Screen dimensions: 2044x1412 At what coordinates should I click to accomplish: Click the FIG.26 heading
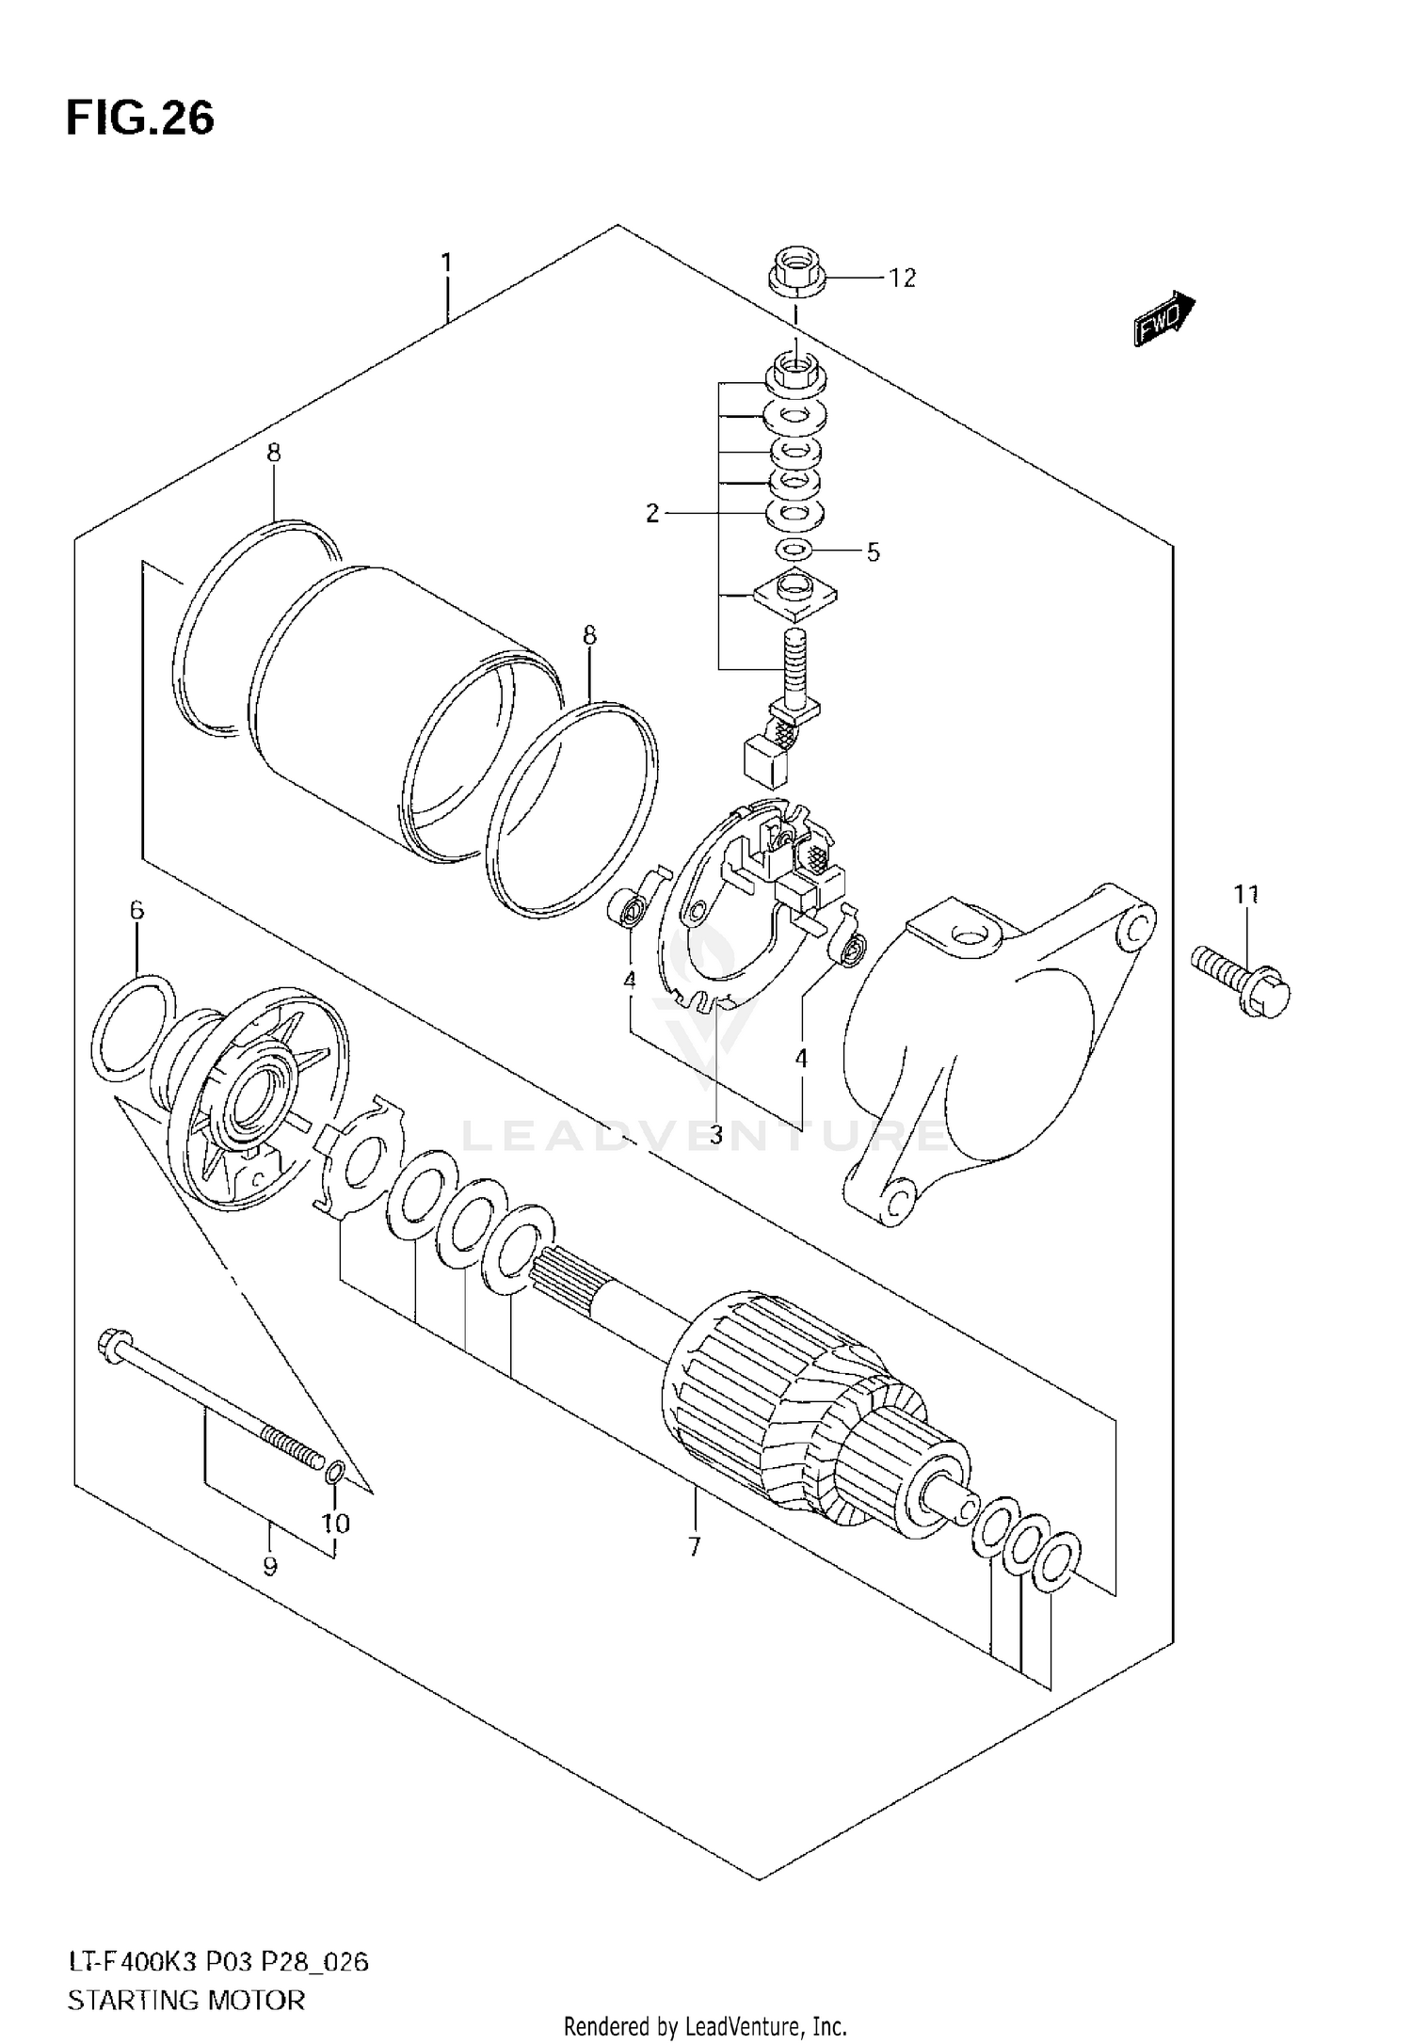pyautogui.click(x=139, y=120)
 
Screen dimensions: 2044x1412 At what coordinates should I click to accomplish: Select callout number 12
pyautogui.click(x=901, y=279)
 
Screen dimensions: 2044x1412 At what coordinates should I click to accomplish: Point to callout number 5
pyautogui.click(x=873, y=552)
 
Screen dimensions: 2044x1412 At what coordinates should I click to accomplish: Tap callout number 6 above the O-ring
pyautogui.click(x=137, y=910)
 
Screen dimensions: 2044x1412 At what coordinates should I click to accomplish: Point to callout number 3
pyautogui.click(x=715, y=1136)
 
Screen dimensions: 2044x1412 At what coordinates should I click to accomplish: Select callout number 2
pyautogui.click(x=652, y=514)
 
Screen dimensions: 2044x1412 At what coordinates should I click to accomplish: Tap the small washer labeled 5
pyautogui.click(x=794, y=549)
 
